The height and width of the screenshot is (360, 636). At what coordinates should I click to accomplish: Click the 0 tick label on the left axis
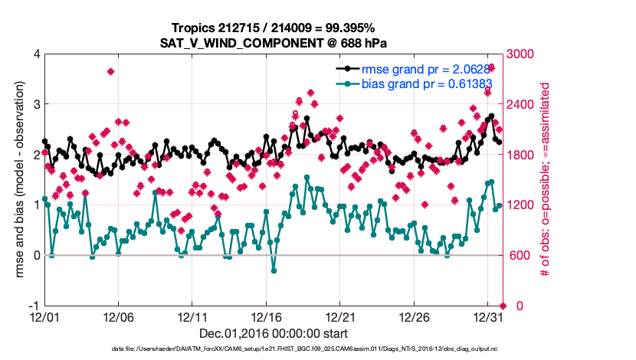[36, 255]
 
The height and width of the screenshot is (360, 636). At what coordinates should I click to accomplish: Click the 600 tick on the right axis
[516, 255]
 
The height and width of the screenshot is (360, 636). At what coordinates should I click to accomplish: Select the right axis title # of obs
[546, 180]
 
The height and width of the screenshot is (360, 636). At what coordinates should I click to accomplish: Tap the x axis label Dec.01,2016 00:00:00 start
[274, 333]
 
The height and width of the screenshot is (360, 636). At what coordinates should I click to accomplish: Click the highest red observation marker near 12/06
[111, 71]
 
